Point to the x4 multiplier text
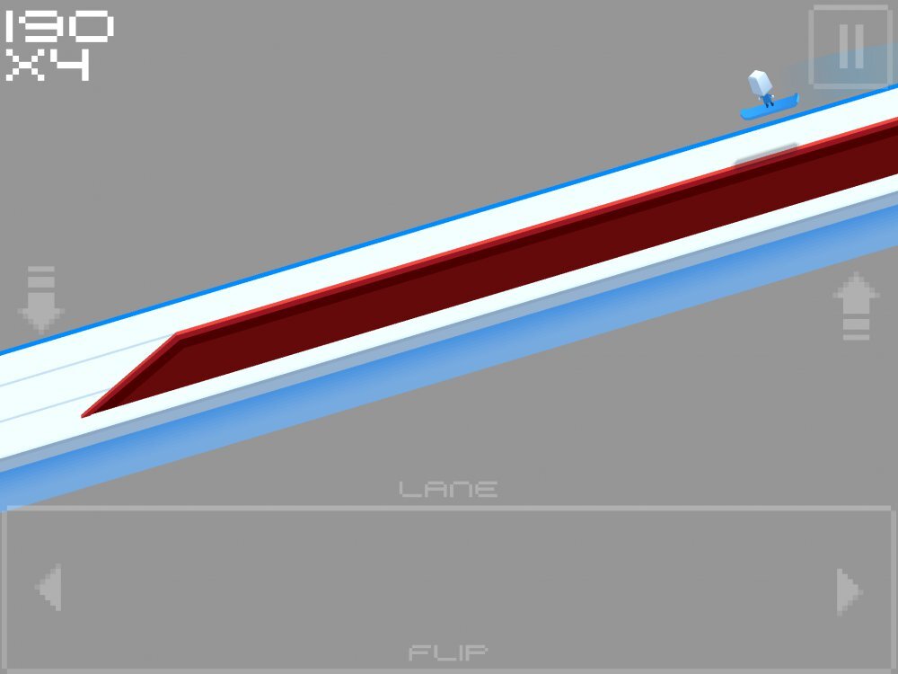(x=48, y=65)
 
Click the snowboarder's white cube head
(x=760, y=83)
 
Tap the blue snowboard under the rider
(x=770, y=107)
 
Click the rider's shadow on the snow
(x=766, y=155)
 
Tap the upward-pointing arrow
(x=856, y=306)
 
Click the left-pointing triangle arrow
(x=48, y=587)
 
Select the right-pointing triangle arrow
(x=850, y=591)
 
